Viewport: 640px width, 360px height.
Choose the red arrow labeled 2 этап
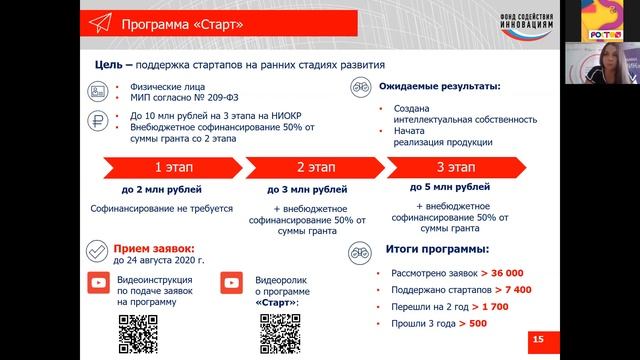pos(313,167)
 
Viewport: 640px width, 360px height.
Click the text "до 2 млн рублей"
pos(162,189)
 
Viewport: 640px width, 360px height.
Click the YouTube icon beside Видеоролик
pos(234,284)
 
